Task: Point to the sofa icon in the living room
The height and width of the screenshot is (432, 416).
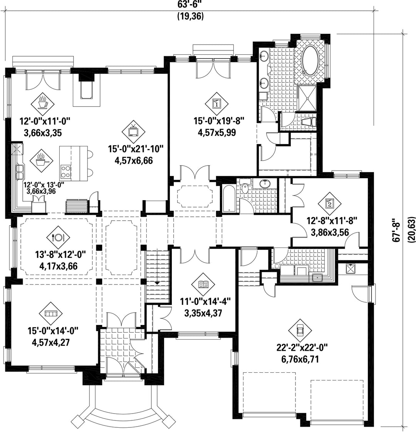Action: (x=51, y=314)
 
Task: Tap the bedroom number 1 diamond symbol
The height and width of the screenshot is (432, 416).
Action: (x=217, y=104)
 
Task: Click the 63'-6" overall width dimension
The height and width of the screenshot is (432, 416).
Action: (x=191, y=5)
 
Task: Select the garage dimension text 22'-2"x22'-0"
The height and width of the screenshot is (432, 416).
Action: (x=302, y=347)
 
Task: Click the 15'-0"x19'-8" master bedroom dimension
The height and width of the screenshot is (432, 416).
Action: (x=219, y=121)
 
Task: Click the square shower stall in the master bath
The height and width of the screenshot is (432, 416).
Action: (x=307, y=98)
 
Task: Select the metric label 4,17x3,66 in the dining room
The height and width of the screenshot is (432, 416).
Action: (x=59, y=266)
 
